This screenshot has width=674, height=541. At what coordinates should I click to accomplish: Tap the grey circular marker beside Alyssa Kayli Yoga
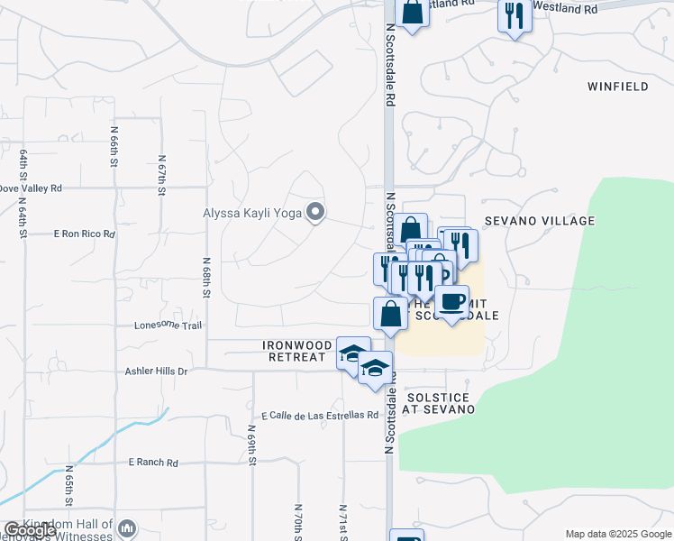tap(314, 213)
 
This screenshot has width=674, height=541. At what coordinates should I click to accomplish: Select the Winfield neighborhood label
tap(617, 87)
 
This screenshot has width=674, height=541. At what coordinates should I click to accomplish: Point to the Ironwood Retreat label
tap(293, 351)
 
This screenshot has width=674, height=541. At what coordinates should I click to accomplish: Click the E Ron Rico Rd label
tap(85, 234)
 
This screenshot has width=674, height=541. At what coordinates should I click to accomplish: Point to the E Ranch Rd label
tap(153, 463)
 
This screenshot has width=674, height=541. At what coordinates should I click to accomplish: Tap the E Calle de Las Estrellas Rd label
tap(320, 416)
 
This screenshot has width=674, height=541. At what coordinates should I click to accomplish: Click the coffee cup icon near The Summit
tap(451, 302)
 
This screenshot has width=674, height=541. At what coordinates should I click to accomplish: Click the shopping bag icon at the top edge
tap(412, 13)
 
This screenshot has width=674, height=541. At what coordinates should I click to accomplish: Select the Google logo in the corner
tap(30, 530)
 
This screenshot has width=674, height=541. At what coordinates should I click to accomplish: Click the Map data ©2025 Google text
tap(618, 534)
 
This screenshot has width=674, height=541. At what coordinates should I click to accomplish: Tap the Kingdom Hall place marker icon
tap(126, 529)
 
